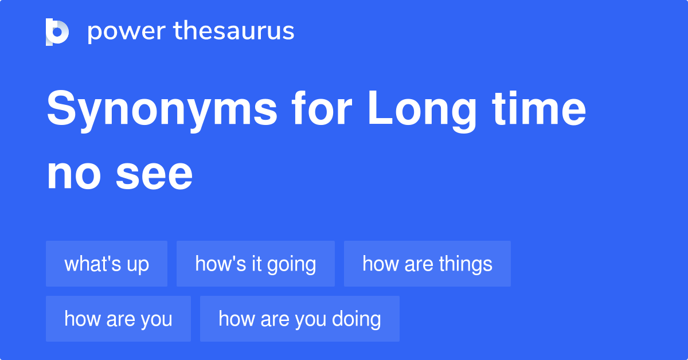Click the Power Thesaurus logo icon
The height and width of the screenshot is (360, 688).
pos(57,32)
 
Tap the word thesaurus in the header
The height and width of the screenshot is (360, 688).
pos(234,32)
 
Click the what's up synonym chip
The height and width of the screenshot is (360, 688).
pos(107,264)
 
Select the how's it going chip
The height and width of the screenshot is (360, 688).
pos(256,264)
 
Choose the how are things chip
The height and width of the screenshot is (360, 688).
pos(427,264)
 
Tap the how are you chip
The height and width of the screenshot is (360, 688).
pos(118,319)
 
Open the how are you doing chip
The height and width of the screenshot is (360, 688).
pos(299,319)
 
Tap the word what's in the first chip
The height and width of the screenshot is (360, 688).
pos(92,264)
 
